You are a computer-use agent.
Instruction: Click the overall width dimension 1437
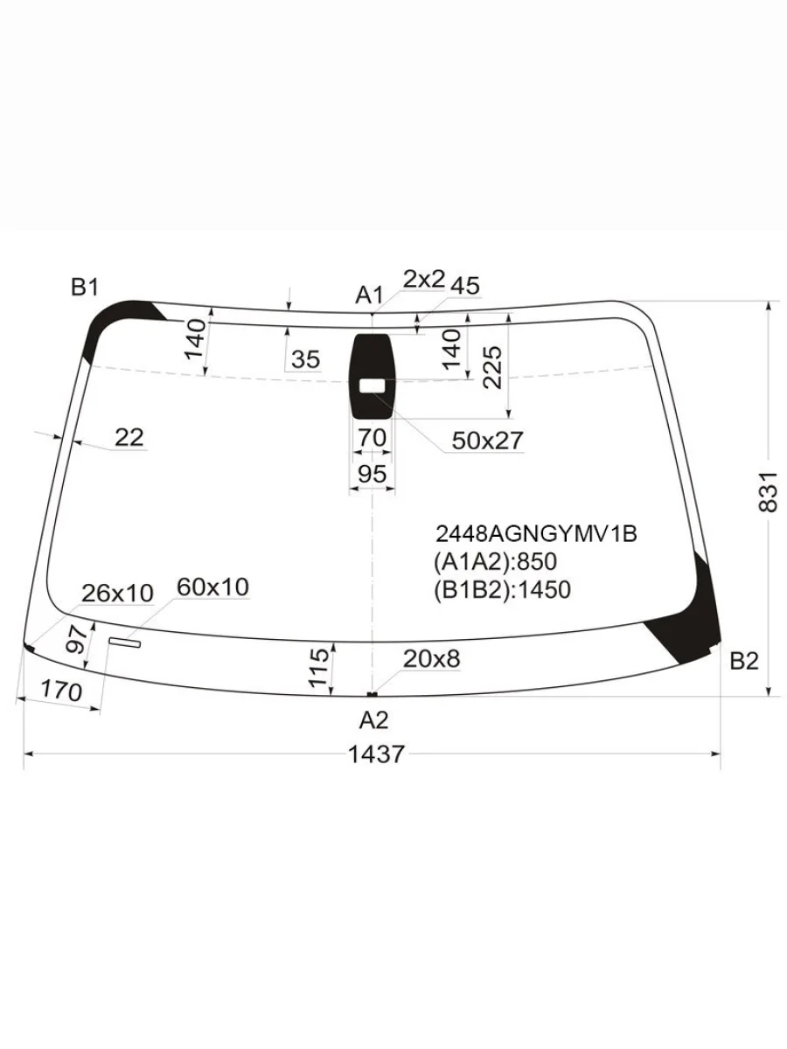[x=377, y=754]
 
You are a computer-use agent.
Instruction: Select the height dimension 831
[x=768, y=491]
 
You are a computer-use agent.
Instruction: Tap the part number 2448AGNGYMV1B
[x=535, y=533]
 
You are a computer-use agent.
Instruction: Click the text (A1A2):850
[x=495, y=561]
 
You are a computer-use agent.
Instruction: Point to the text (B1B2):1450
[x=502, y=590]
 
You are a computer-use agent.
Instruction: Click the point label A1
[x=369, y=295]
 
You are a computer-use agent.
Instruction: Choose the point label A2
[x=373, y=719]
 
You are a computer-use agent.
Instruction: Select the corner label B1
[x=85, y=288]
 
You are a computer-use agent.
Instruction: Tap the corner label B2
[x=743, y=662]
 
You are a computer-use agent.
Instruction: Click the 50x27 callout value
[x=487, y=441]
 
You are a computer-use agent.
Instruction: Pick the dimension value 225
[x=491, y=367]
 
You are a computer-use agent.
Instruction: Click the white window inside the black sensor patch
[x=373, y=385]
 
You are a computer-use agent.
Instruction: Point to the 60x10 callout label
[x=212, y=587]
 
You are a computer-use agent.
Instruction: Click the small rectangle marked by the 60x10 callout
[x=124, y=643]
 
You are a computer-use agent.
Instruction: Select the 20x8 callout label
[x=431, y=658]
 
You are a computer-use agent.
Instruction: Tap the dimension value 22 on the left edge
[x=129, y=436]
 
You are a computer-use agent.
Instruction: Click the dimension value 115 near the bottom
[x=320, y=666]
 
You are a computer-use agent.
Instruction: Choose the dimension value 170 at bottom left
[x=61, y=691]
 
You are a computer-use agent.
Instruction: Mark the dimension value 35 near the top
[x=306, y=359]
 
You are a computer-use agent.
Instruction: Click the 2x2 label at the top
[x=424, y=279]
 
